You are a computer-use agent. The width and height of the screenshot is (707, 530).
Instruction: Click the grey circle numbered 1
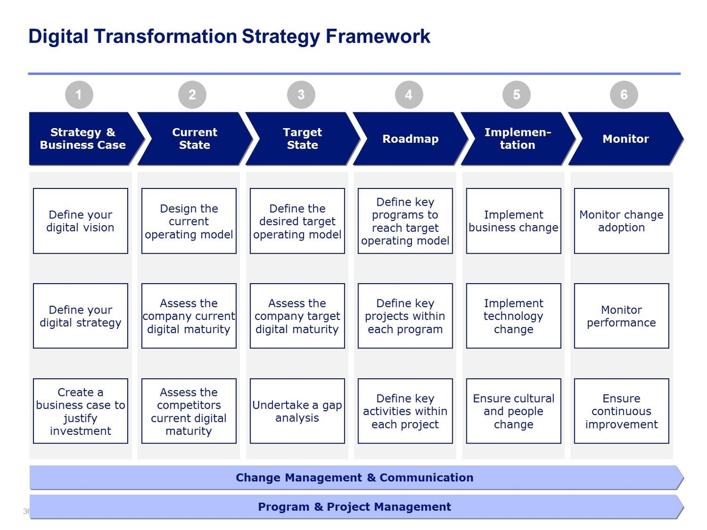tap(79, 94)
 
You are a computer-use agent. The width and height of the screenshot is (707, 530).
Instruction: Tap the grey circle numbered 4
tap(408, 94)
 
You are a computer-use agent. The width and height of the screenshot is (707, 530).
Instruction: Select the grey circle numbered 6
tap(624, 94)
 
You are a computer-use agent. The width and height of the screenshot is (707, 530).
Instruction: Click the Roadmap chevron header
tap(410, 139)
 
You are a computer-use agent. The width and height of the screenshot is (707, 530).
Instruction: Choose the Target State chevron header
tap(302, 139)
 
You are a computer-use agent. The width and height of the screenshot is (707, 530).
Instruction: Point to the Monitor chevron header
tap(625, 139)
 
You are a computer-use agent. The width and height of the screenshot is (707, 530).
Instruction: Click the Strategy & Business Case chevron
tap(82, 139)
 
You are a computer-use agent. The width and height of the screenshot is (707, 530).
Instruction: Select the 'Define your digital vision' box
tap(81, 221)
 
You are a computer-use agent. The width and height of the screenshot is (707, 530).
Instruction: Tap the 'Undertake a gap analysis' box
tap(297, 411)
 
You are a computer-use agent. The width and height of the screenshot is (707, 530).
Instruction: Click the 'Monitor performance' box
tap(621, 316)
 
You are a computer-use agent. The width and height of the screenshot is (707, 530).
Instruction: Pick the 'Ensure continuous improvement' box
tap(621, 411)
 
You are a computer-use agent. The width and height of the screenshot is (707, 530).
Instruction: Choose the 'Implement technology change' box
tap(513, 316)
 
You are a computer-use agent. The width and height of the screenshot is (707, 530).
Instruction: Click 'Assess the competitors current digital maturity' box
tap(189, 411)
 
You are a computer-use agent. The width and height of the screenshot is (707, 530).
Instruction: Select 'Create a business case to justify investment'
tap(81, 411)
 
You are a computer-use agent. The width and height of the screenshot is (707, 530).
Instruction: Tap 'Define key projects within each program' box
tap(405, 316)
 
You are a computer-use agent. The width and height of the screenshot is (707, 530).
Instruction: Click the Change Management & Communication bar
tap(354, 477)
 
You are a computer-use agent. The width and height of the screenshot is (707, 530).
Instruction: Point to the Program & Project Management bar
tap(354, 507)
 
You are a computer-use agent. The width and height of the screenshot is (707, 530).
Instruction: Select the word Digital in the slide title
tap(58, 37)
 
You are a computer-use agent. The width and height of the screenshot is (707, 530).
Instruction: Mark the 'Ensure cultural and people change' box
tap(513, 411)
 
